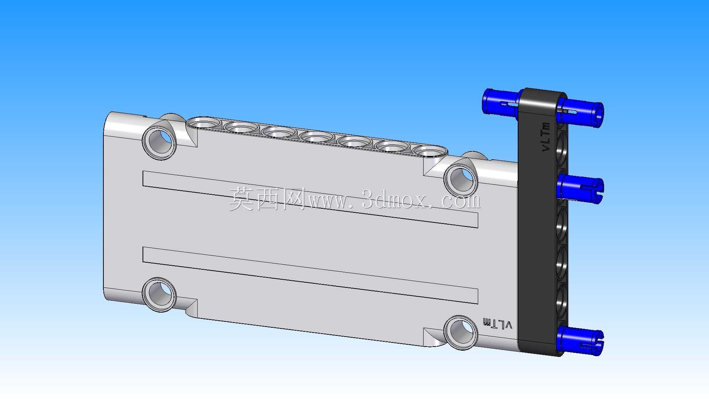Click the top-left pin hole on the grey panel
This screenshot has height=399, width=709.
pos(160,143)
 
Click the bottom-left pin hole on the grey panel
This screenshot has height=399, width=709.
pos(160,294)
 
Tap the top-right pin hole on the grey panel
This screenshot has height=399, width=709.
pos(461,180)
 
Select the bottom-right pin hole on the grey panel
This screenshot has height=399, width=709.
pos(461,332)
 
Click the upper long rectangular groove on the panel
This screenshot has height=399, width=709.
pos(310,199)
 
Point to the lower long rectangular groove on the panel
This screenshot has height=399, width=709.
pos(310,275)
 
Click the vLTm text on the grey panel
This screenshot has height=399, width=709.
pos(497,324)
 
